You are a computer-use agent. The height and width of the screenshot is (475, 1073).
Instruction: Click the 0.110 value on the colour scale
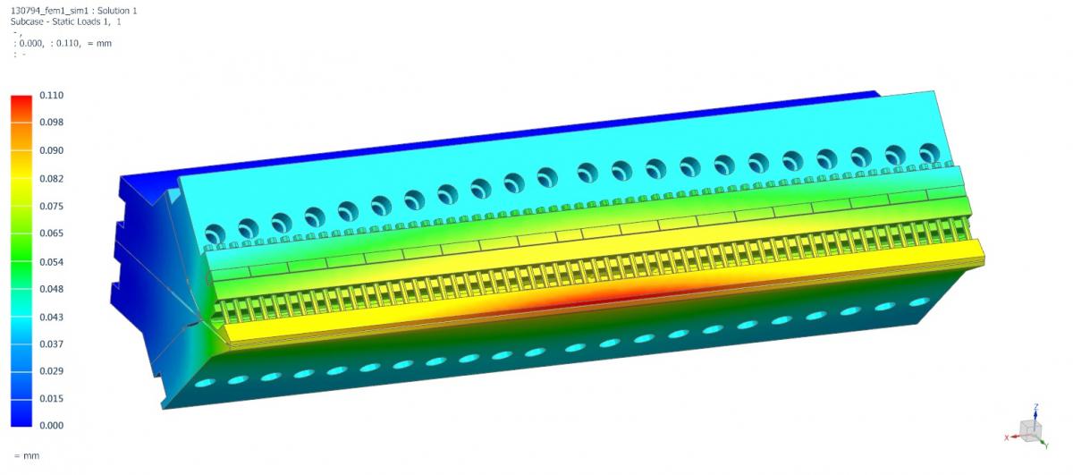point(51,96)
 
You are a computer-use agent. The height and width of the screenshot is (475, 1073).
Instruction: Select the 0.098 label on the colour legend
point(51,123)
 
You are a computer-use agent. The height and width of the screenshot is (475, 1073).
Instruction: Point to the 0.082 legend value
point(51,179)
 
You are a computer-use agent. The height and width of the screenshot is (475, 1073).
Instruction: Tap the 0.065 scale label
point(51,233)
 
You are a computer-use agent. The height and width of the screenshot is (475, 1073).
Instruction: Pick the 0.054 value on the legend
point(51,262)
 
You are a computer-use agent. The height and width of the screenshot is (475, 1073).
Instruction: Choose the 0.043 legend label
point(51,318)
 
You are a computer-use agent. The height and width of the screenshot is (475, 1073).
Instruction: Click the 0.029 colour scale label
point(51,371)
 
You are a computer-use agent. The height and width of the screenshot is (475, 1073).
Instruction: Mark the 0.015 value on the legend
point(51,399)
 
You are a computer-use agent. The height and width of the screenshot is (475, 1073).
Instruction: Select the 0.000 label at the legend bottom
point(51,426)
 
